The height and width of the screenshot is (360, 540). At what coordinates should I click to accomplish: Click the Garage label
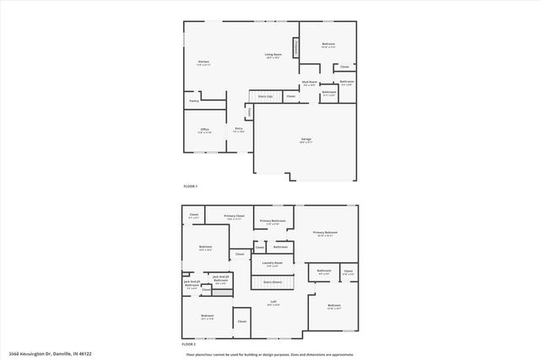(305, 141)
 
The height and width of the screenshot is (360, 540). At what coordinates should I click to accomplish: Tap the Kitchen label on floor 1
(203, 62)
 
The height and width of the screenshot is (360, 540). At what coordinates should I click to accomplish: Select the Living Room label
(273, 55)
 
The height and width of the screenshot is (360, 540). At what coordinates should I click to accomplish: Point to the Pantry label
(193, 100)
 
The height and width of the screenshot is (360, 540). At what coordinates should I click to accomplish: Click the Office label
(204, 129)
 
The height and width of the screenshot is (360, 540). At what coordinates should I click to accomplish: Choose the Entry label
(239, 129)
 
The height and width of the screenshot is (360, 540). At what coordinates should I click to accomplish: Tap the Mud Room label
(309, 83)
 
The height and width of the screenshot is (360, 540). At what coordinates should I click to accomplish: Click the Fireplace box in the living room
(296, 48)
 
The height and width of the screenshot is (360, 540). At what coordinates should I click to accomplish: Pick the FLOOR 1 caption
(190, 185)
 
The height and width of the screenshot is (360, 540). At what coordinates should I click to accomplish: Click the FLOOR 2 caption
(190, 345)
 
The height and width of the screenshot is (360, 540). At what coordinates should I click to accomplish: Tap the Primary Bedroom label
(325, 233)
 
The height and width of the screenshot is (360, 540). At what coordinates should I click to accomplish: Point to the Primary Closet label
(235, 216)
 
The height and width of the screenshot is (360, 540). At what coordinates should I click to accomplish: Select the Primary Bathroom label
(273, 221)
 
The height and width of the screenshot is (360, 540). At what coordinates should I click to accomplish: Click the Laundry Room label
(272, 263)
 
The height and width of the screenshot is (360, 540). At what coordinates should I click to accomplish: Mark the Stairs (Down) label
(272, 282)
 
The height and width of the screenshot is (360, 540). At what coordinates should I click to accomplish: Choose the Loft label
(273, 301)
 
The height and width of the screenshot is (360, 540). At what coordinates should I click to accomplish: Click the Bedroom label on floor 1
(328, 44)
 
